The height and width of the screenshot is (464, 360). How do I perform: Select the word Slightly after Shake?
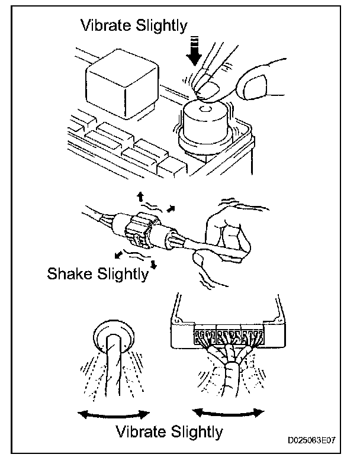[x=121, y=275]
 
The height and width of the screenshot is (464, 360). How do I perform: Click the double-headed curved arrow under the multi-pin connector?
[x=228, y=412]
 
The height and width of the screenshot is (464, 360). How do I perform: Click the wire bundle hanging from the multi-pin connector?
[x=228, y=373]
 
